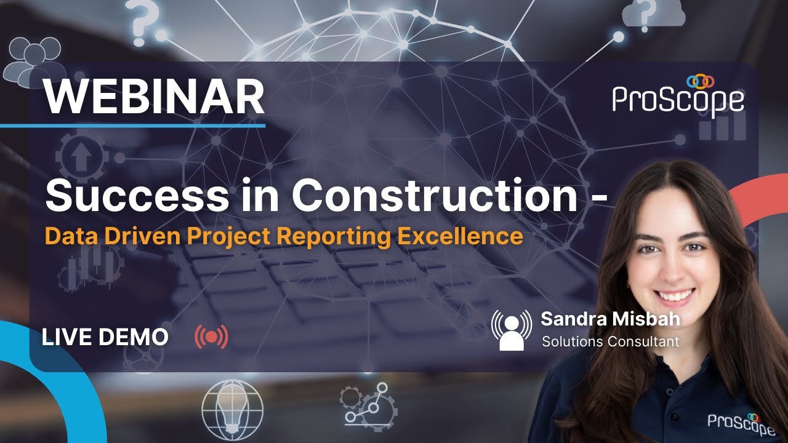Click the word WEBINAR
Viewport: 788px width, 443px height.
(154, 97)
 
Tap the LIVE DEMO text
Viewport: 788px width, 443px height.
(105, 337)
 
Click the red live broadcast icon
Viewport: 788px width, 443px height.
(211, 337)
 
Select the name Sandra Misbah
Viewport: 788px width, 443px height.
(610, 320)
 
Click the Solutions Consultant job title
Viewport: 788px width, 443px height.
(610, 341)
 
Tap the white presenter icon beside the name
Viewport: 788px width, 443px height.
(511, 330)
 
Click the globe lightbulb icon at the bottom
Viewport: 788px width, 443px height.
(232, 407)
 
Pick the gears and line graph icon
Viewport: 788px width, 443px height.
(370, 406)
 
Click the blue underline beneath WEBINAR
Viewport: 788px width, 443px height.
(132, 126)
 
